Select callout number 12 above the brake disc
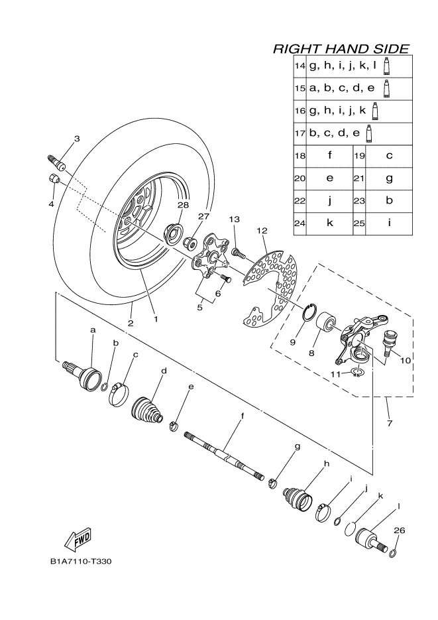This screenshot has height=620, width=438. pyautogui.click(x=262, y=231)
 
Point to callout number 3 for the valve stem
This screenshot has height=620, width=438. pyautogui.click(x=76, y=139)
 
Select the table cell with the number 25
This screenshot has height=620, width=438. pyautogui.click(x=358, y=223)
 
